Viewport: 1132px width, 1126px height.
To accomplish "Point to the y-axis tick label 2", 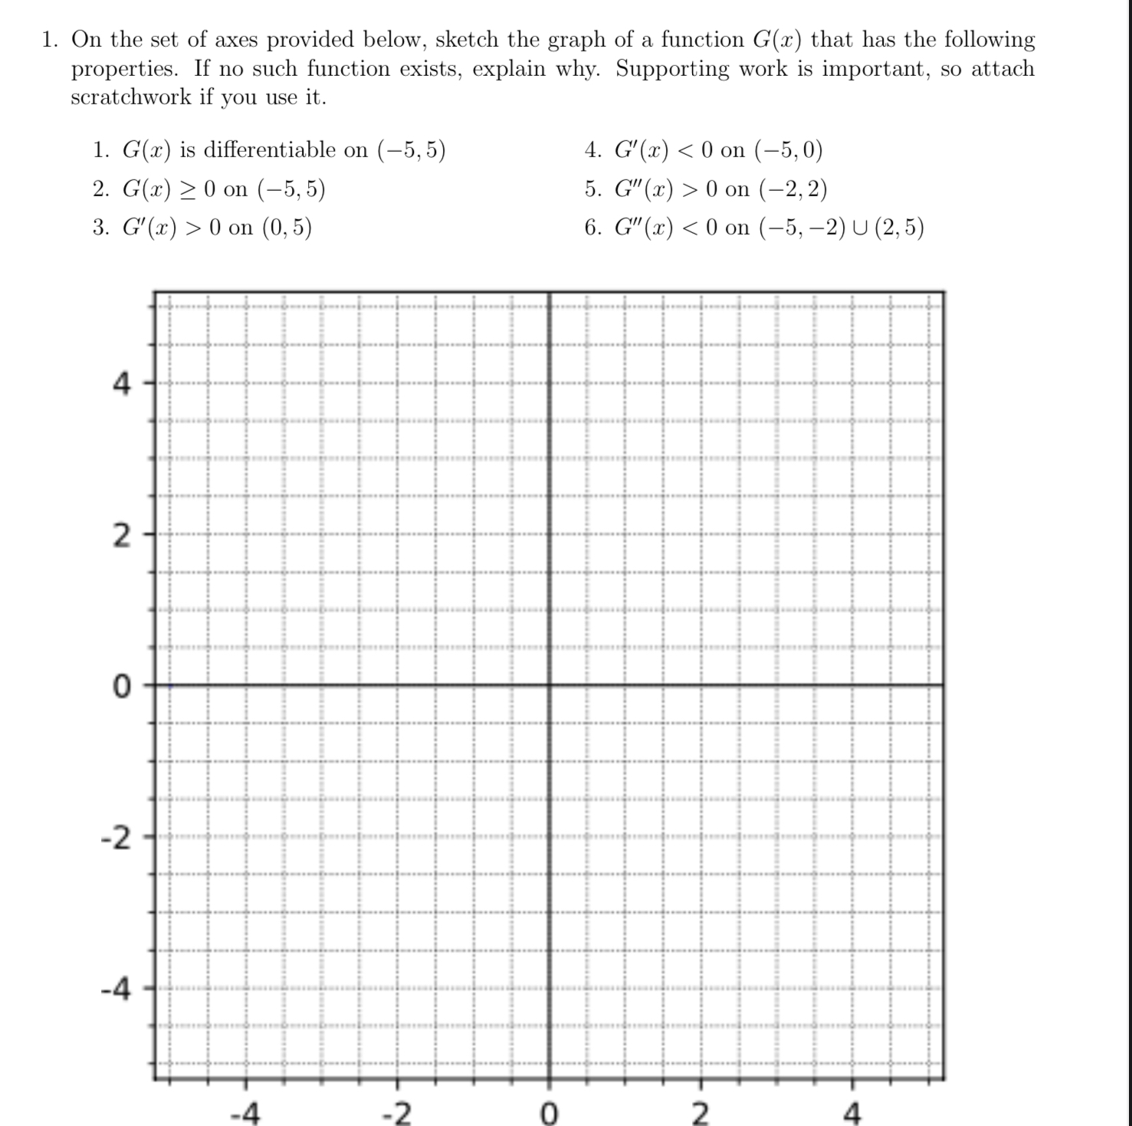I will point(122,537).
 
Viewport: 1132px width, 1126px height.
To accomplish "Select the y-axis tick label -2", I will point(116,838).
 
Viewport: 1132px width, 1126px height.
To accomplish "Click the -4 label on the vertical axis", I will point(116,990).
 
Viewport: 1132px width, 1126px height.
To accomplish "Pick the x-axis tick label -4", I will point(245,1111).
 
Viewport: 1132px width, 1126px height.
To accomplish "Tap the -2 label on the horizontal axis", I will point(396,1111).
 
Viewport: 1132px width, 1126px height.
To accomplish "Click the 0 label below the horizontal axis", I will point(549,1111).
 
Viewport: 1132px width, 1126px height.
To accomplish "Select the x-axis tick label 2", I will point(700,1111).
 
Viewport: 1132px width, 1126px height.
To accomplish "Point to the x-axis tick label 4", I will point(851,1111).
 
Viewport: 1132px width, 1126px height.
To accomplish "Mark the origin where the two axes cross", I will point(549,684).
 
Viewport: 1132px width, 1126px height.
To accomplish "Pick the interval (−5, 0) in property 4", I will point(789,149).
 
